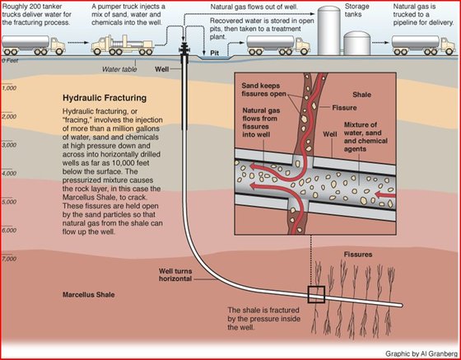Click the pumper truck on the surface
123,45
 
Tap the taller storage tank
329,30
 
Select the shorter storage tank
357,43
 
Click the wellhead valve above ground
184,49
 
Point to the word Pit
215,53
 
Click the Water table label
119,69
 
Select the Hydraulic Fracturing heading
105,98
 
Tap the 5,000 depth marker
9,202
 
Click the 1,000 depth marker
9,88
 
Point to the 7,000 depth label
9,259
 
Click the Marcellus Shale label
89,294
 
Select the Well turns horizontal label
175,274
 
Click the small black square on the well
316,294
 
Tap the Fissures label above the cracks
358,254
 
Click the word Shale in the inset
361,95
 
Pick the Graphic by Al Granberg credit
421,353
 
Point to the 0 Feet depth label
10,61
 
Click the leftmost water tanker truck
34,45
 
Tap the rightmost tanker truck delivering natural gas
423,45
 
